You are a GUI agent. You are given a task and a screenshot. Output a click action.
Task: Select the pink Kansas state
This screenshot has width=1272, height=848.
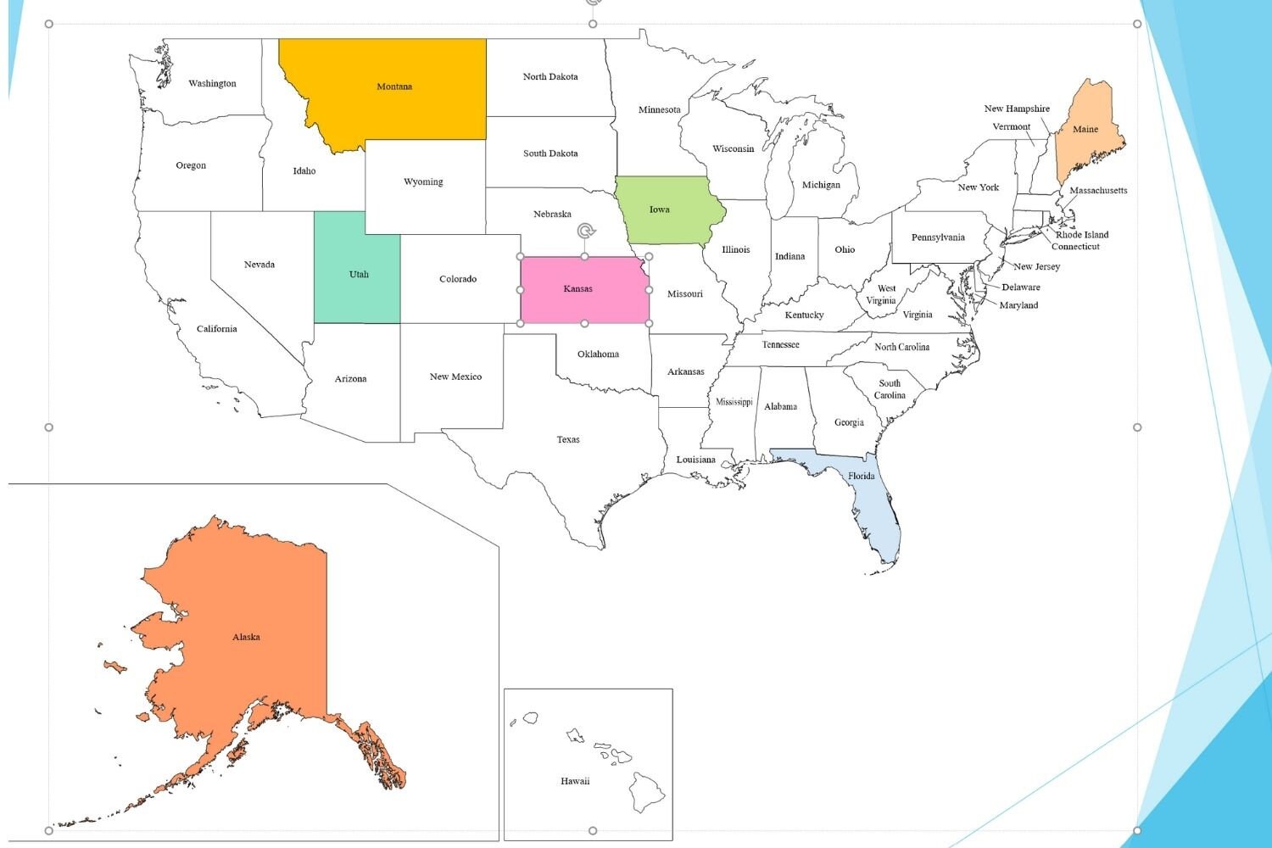(x=585, y=301)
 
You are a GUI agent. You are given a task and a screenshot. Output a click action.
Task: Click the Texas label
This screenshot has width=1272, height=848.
(x=568, y=439)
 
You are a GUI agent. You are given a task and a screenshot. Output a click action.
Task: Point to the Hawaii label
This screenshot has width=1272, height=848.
(x=575, y=781)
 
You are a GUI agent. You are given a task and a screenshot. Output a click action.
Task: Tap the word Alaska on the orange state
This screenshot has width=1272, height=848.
(x=246, y=637)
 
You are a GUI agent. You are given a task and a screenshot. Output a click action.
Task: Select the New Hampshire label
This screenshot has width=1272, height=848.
(x=1017, y=109)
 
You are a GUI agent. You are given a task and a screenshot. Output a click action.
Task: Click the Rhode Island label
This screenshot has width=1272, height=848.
(x=1082, y=235)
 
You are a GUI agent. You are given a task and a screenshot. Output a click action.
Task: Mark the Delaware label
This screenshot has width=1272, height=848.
(x=1021, y=287)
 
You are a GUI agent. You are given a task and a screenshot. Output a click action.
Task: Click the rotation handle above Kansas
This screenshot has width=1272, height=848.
(x=585, y=231)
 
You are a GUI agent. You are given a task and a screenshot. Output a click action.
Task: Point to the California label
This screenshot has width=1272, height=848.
(x=217, y=329)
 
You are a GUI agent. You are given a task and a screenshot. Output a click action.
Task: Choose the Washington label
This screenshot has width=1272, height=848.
(x=212, y=83)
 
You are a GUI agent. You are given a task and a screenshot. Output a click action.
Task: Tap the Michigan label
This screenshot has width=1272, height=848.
(x=821, y=185)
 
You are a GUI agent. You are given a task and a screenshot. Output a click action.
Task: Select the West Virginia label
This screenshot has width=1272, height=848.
(x=882, y=294)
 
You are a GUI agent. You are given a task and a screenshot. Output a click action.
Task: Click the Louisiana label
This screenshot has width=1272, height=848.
(x=695, y=460)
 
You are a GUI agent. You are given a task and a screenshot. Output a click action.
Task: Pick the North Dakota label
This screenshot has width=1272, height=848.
(x=550, y=76)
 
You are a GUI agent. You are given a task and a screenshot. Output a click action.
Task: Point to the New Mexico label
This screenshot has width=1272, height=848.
(x=455, y=377)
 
